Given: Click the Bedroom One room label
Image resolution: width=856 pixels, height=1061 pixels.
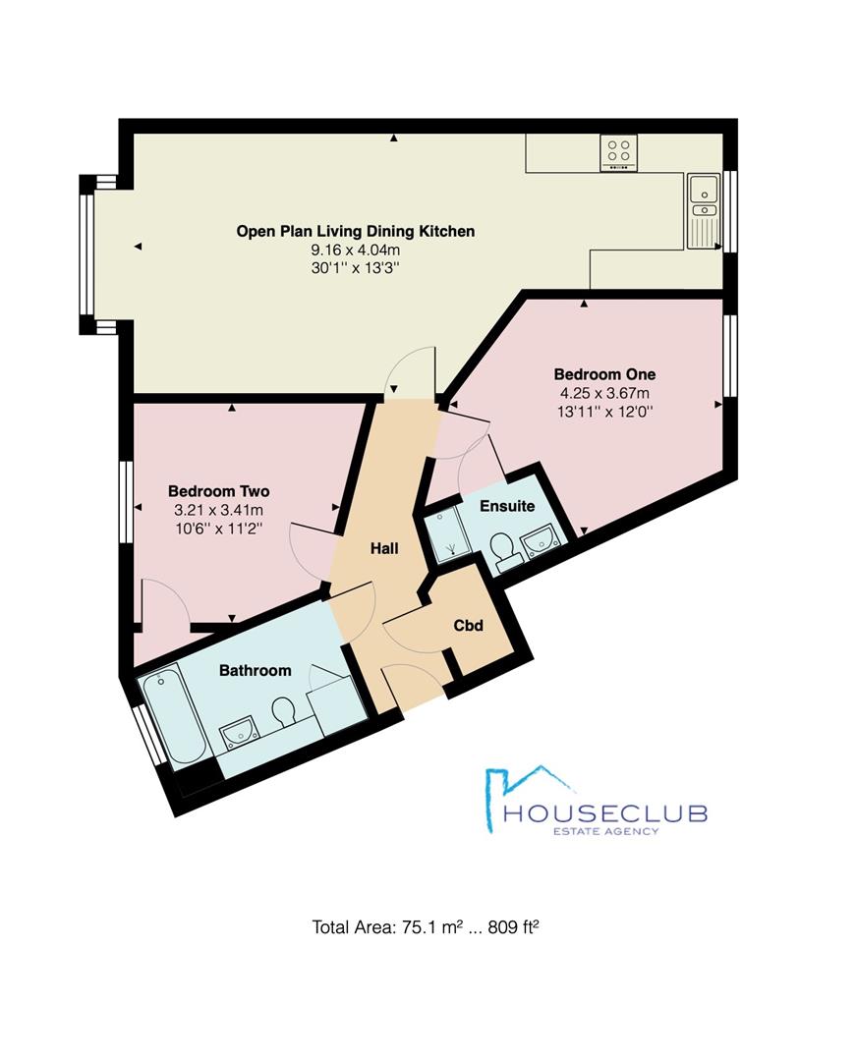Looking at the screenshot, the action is pos(604,374).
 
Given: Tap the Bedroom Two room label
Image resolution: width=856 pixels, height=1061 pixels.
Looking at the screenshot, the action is pos(218,491).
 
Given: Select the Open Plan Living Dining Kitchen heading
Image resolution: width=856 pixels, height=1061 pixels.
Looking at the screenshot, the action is pos(355,232).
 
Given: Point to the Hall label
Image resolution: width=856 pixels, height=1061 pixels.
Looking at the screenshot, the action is pos(384,548).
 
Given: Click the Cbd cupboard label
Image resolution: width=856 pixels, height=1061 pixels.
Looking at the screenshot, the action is pos(468,625).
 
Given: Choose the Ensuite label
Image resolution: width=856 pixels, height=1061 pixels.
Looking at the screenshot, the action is pos(507,506).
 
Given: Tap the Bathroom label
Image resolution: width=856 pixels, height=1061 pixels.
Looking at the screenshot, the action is pos(256,671).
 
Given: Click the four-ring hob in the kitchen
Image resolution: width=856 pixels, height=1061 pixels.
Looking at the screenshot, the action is pos(618,152).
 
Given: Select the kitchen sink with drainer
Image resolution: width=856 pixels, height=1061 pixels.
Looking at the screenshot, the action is pos(704,211).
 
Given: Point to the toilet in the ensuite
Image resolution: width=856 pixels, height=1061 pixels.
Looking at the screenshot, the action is pos(503,549).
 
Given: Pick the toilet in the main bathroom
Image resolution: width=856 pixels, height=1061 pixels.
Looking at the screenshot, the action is pos(285,712).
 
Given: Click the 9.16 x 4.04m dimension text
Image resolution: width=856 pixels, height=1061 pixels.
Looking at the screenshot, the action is pos(355,250).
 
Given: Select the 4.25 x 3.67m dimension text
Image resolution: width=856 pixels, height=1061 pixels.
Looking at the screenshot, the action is pos(604,393).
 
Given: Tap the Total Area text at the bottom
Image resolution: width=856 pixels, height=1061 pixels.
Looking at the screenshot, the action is pos(425,927).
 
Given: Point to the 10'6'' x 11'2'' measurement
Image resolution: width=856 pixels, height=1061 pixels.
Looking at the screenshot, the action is pos(218,530).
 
